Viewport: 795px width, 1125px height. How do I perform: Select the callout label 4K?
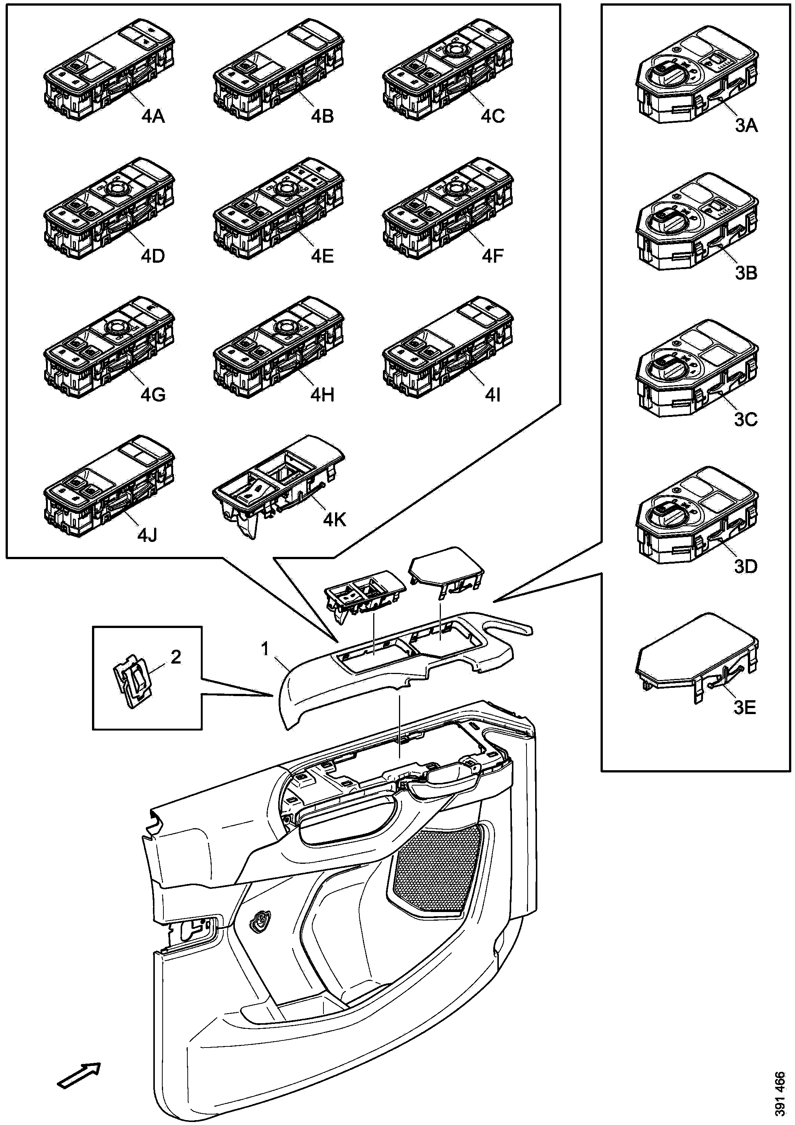click(334, 520)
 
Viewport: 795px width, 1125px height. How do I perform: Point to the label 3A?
click(746, 126)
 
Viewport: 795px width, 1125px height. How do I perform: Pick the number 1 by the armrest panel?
click(265, 649)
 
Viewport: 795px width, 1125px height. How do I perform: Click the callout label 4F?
click(492, 256)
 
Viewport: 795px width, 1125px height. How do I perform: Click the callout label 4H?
click(322, 394)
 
